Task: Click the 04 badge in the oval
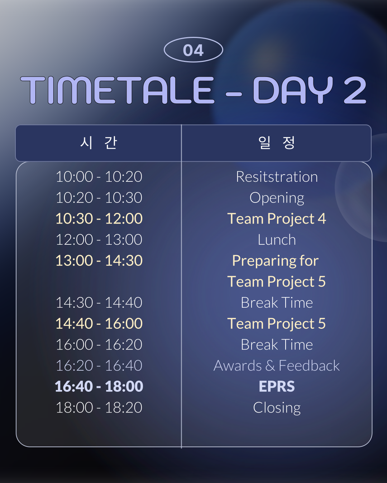(193, 50)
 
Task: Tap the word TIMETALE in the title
(118, 90)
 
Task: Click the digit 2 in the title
(355, 90)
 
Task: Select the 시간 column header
(99, 143)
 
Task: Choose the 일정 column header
(277, 143)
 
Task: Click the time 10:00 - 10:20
(99, 177)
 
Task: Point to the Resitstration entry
(277, 177)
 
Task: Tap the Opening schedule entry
(277, 198)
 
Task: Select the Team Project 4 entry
(277, 219)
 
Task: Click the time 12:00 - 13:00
(99, 239)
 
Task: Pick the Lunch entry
(277, 239)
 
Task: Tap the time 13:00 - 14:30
(99, 260)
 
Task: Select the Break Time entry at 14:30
(277, 303)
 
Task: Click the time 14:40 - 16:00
(99, 323)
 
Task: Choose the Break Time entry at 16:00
(277, 345)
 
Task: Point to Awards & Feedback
(277, 366)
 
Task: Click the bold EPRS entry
(277, 386)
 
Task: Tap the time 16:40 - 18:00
(99, 386)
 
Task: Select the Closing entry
(277, 408)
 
